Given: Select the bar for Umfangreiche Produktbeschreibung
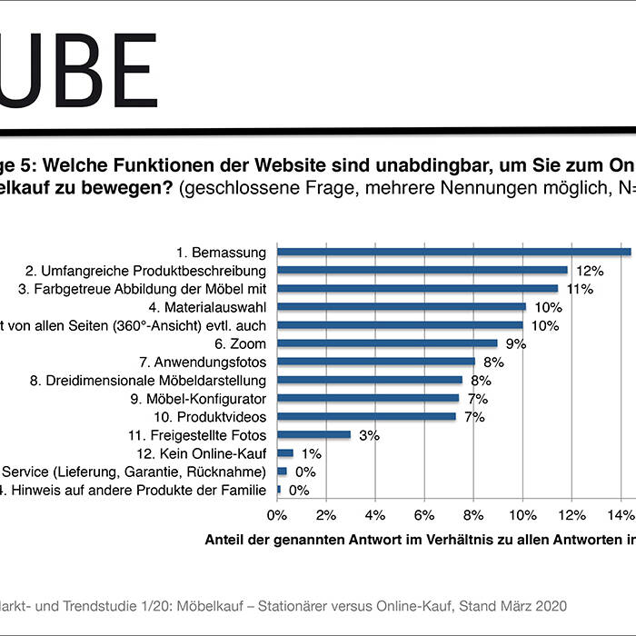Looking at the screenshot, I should tap(422, 270).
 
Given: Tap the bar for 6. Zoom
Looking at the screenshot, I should tap(387, 343).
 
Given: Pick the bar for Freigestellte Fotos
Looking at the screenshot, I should tap(313, 435).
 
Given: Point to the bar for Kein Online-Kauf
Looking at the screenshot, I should tap(285, 453).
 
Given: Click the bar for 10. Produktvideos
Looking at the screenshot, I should tap(366, 417).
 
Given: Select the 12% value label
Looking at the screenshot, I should tap(590, 271).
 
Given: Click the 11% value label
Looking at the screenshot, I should tap(580, 289).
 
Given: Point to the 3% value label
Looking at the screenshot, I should tap(369, 436).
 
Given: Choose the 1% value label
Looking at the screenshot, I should tap(311, 454).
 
